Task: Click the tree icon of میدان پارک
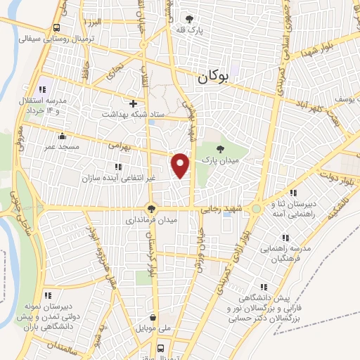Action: point(221,148)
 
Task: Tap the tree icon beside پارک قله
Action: point(188,19)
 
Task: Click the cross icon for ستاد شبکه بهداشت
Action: point(132,103)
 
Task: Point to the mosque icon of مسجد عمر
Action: point(64,136)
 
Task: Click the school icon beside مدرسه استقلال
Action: point(42,90)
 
